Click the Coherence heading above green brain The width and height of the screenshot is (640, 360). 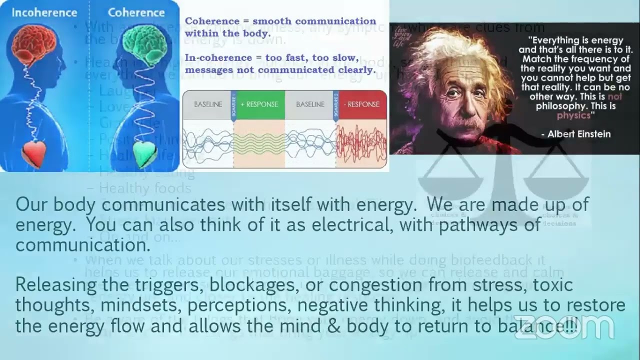tap(136, 12)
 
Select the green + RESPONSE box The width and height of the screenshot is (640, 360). tap(259, 104)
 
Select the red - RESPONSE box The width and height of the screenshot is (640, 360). tap(361, 104)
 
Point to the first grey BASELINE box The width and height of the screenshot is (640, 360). tap(208, 104)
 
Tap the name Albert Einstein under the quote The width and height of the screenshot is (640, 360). tap(575, 134)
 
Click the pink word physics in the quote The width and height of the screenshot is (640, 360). tap(574, 115)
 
